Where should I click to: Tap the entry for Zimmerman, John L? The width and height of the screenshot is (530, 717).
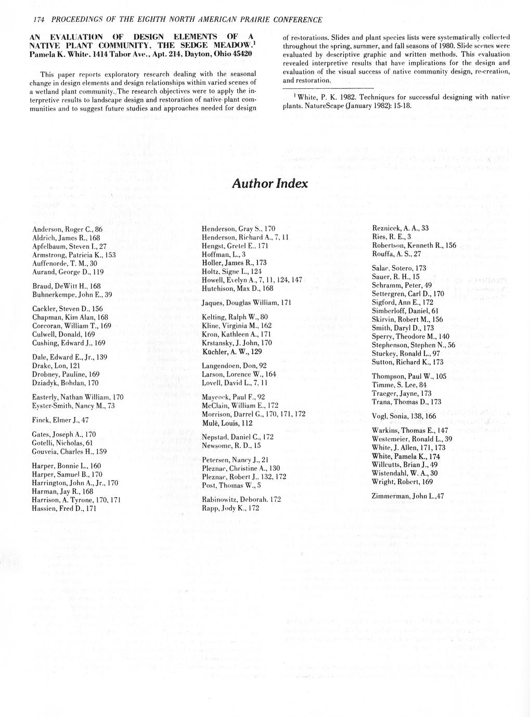(408, 496)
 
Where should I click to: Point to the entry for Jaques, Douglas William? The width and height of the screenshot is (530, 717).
(246, 302)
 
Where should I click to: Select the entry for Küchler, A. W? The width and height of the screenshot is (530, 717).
(231, 351)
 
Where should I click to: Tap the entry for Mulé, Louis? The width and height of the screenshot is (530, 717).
(227, 422)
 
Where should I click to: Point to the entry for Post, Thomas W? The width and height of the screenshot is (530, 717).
(231, 485)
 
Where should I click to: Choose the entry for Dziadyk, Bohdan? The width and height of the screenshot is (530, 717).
(66, 383)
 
